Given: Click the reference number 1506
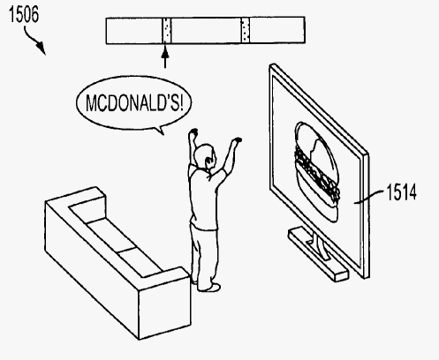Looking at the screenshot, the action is click(x=24, y=14).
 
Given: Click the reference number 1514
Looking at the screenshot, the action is click(x=401, y=191).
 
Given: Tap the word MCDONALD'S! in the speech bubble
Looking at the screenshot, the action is click(x=134, y=102).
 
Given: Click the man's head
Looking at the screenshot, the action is click(x=206, y=156).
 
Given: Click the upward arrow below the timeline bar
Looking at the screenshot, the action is click(x=165, y=56).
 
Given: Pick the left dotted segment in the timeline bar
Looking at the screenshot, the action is click(x=167, y=30).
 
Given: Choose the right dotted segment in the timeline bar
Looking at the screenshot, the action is click(x=246, y=30).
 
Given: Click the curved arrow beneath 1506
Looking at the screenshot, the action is click(x=34, y=40).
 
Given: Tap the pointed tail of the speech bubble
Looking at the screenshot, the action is click(x=160, y=131).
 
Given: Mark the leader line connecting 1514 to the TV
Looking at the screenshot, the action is click(x=369, y=197).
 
